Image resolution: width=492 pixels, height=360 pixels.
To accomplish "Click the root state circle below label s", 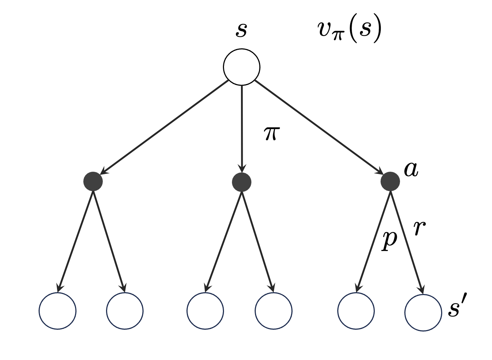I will pyautogui.click(x=241, y=67).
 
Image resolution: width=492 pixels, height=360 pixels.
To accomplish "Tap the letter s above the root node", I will pyautogui.click(x=241, y=30).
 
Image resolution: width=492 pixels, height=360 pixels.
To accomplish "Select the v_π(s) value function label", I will pyautogui.click(x=349, y=30).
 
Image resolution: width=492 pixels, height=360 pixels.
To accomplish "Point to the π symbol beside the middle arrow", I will pyautogui.click(x=272, y=133).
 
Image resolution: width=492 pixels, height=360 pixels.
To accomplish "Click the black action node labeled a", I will pyautogui.click(x=390, y=181).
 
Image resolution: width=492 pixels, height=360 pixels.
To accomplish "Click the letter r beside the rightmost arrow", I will pyautogui.click(x=419, y=228).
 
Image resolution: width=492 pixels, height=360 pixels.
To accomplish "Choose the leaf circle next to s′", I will pyautogui.click(x=423, y=312).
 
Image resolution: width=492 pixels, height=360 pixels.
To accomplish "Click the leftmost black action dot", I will pyautogui.click(x=93, y=181).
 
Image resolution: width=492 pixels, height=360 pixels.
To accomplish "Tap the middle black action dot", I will pyautogui.click(x=242, y=182).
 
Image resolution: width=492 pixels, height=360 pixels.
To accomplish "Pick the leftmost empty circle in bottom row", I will pyautogui.click(x=57, y=311).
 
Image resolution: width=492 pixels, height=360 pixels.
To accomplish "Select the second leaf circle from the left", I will pyautogui.click(x=125, y=311).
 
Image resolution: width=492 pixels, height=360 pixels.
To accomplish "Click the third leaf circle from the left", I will pyautogui.click(x=205, y=311).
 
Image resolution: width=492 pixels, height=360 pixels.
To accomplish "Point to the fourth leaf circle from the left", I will pyautogui.click(x=273, y=311).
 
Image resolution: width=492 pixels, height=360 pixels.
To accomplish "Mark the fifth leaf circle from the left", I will pyautogui.click(x=356, y=311).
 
